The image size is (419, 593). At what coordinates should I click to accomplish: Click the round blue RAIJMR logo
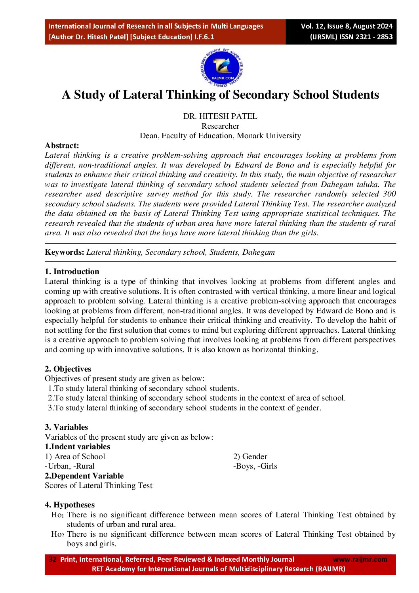222,68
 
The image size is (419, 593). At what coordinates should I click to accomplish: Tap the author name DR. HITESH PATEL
220,116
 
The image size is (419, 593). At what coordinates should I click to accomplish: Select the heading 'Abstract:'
62,145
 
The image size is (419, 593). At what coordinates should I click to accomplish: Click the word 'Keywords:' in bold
65,252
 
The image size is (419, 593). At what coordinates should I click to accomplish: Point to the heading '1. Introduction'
72,271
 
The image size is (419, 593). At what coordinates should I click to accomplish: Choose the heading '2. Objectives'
68,369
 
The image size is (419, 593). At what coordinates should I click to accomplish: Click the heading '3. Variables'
66,427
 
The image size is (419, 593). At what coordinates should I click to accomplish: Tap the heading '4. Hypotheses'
70,505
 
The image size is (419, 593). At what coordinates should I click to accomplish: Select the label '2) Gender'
250,456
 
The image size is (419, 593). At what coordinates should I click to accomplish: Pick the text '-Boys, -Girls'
255,466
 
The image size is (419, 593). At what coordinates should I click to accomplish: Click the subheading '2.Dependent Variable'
84,476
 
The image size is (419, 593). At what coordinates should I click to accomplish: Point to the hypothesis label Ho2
57,534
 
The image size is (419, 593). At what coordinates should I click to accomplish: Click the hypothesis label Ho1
57,515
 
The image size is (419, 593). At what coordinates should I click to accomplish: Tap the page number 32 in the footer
53,559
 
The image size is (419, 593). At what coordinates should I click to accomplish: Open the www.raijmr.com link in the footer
360,559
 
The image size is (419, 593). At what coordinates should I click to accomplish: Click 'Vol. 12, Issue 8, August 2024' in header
347,26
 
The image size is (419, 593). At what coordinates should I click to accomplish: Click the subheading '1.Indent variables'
77,446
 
